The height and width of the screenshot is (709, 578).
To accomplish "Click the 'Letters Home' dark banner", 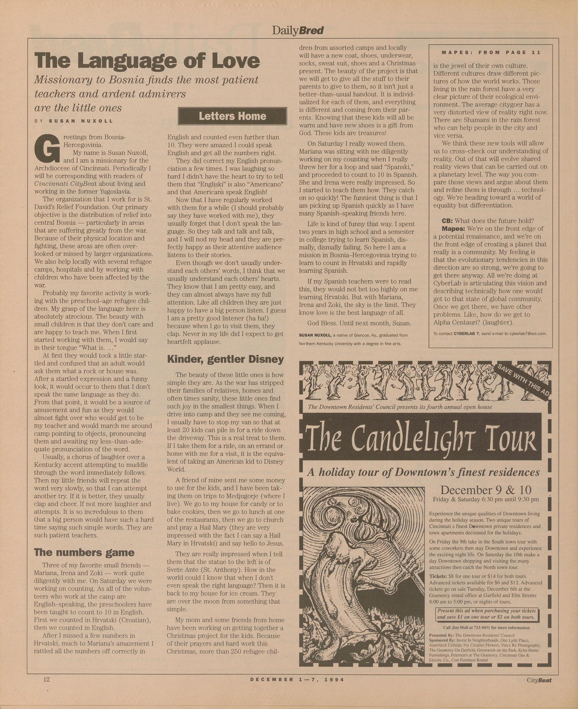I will click(232, 116).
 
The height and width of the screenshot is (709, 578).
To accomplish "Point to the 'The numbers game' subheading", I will click(84, 552).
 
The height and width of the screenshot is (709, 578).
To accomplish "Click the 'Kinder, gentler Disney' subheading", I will click(225, 359).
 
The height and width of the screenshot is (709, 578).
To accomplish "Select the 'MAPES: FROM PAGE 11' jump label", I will click(491, 52).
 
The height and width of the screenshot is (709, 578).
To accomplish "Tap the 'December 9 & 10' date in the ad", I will click(486, 490).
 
